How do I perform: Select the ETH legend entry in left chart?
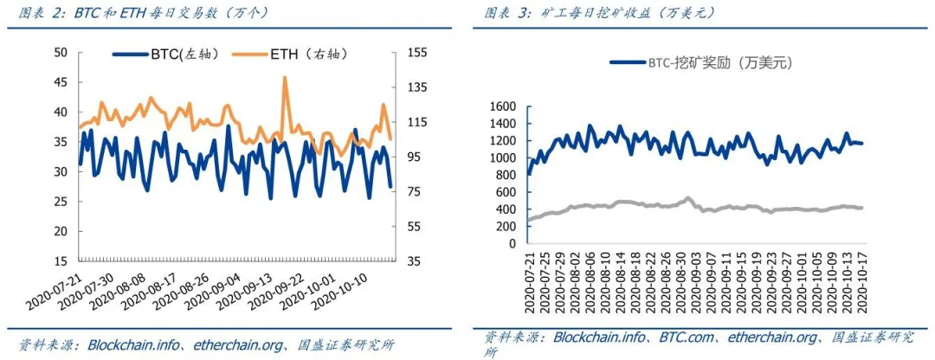point(307,54)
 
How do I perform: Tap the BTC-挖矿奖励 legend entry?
point(702,63)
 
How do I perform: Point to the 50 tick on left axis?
point(61,53)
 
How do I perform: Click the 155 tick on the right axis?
point(417,53)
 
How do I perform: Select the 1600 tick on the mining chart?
point(503,106)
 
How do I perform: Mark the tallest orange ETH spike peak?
point(285,77)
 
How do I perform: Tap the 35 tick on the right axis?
point(414,261)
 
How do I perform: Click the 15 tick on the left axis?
point(61,261)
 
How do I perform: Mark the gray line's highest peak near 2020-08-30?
point(687,198)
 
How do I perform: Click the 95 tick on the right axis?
point(414,157)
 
